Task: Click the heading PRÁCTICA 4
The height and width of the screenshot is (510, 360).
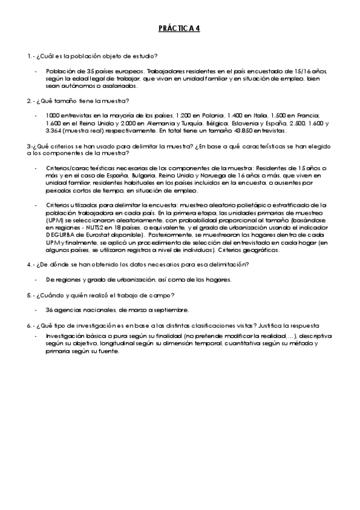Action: coord(179,28)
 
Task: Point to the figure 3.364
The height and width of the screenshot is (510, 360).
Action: coord(55,131)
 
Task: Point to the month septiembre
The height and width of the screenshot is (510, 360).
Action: coord(172,310)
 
